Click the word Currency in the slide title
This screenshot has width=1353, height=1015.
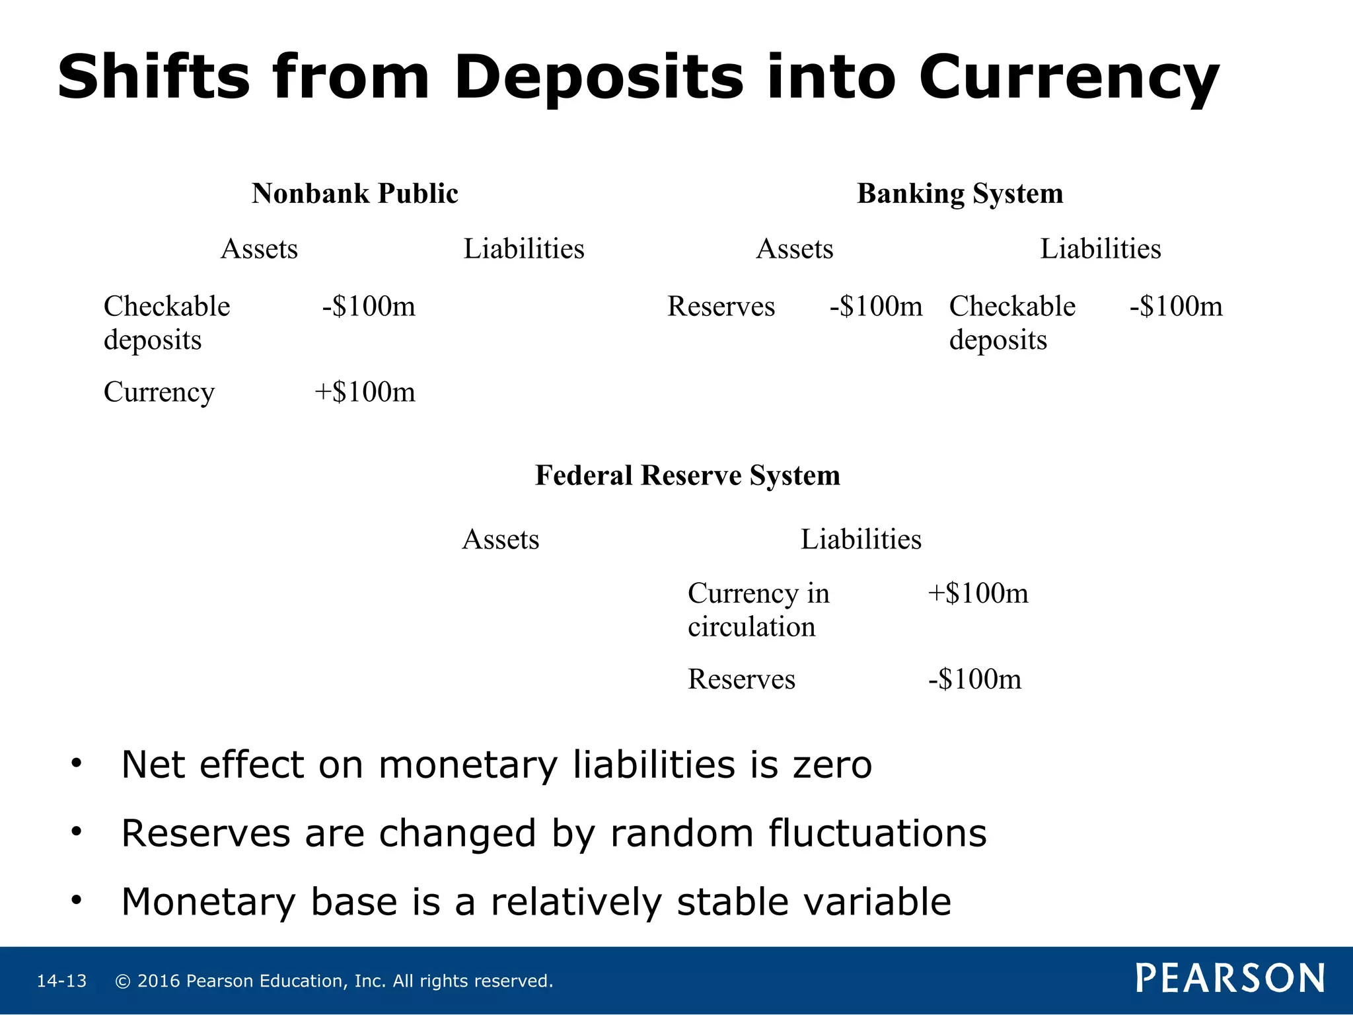tap(1068, 78)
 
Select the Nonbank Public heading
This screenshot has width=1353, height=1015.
tap(355, 194)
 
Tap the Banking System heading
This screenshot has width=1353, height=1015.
tap(960, 194)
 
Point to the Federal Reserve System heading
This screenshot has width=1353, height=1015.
tap(687, 475)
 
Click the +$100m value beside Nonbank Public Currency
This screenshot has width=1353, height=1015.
tap(365, 392)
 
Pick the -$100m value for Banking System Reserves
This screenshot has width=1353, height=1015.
tap(876, 306)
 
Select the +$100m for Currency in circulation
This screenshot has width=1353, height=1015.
tap(978, 593)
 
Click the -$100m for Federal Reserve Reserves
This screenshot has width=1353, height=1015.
tap(974, 679)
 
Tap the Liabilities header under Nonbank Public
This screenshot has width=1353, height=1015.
tap(524, 249)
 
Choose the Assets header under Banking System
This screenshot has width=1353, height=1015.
tap(794, 249)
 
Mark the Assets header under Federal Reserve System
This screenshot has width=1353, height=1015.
tap(500, 539)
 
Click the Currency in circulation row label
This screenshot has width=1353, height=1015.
tap(758, 609)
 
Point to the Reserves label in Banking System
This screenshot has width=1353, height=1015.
tap(721, 306)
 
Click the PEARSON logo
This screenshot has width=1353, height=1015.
tap(1230, 978)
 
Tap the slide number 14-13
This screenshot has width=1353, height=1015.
tap(61, 981)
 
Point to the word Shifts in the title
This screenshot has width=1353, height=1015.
tap(154, 77)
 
